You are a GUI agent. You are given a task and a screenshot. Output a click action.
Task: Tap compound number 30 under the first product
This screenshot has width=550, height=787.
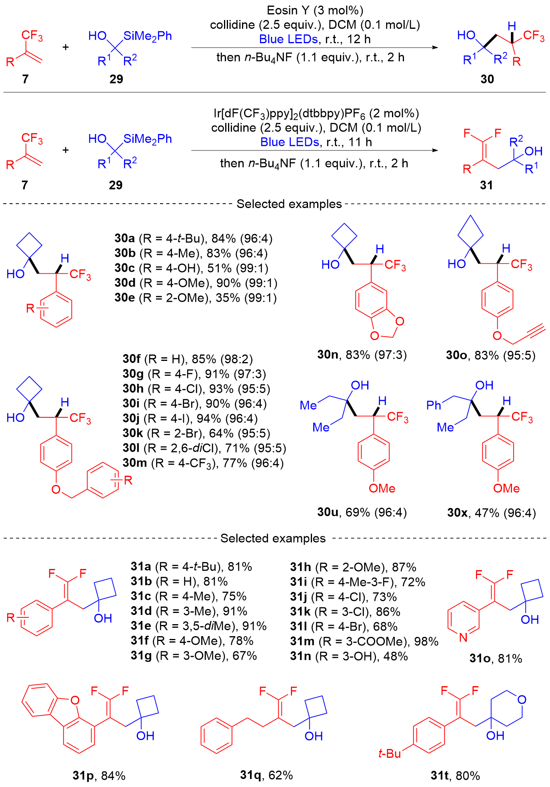point(487,79)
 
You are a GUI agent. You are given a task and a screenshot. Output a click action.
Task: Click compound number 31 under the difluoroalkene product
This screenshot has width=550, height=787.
point(486,185)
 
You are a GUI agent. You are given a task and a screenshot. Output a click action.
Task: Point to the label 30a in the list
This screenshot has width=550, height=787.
point(125,238)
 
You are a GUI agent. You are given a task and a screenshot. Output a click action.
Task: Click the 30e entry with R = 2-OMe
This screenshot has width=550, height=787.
point(196,298)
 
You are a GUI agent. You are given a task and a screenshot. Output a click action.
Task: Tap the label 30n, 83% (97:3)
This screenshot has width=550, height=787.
point(362,354)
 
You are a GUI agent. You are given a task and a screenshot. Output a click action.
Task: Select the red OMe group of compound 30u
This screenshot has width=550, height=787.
point(382,488)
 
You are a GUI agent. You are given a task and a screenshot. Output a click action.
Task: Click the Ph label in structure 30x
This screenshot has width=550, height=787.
point(434,405)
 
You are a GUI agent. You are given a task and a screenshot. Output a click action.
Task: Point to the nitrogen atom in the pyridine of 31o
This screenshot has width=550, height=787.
point(463,637)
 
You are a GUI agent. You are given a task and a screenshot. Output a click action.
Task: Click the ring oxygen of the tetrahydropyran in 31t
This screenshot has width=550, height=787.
point(522,700)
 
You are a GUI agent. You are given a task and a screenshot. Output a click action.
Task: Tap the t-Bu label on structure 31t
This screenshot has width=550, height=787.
point(390,754)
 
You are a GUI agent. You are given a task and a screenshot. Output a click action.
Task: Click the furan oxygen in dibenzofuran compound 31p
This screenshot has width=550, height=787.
point(74,700)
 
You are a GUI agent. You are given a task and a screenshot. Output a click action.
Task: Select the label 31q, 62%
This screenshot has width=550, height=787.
point(266,775)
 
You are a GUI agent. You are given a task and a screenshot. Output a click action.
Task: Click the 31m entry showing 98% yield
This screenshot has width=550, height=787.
point(364,641)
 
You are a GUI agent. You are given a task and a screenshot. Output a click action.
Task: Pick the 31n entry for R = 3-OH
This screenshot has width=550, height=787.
point(349,656)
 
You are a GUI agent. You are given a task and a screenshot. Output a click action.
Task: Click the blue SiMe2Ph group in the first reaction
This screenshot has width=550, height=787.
point(148,36)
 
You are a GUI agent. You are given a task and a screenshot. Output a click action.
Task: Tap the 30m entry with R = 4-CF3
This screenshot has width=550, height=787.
point(203,463)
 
